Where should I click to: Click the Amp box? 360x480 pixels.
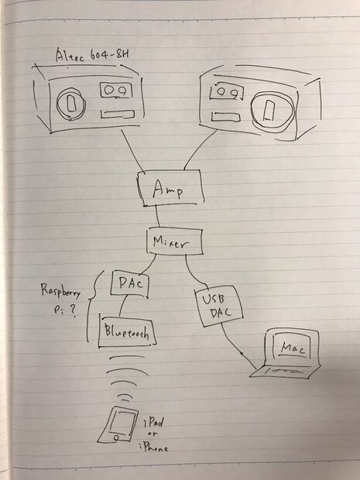tap(171, 187)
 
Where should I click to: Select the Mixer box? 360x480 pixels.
tap(174, 242)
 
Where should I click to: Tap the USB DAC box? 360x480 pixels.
tap(218, 306)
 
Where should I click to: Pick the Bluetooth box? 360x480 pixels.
tap(127, 331)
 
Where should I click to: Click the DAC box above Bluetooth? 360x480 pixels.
tap(130, 284)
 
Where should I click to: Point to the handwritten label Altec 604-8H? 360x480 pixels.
tap(92, 55)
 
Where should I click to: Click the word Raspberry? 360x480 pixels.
tap(60, 292)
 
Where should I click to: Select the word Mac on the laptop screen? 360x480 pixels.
tap(293, 348)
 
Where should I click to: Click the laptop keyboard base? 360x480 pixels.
tap(285, 371)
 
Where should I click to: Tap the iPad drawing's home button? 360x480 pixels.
tap(116, 437)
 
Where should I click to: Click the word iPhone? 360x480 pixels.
tap(153, 448)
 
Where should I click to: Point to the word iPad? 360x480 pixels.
tap(153, 423)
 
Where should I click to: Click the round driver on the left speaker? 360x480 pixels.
tap(71, 104)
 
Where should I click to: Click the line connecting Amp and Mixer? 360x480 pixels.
tap(157, 216)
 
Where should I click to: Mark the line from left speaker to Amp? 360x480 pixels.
tap(133, 152)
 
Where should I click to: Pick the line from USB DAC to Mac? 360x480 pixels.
tap(238, 347)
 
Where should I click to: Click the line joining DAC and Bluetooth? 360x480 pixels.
tap(122, 306)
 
